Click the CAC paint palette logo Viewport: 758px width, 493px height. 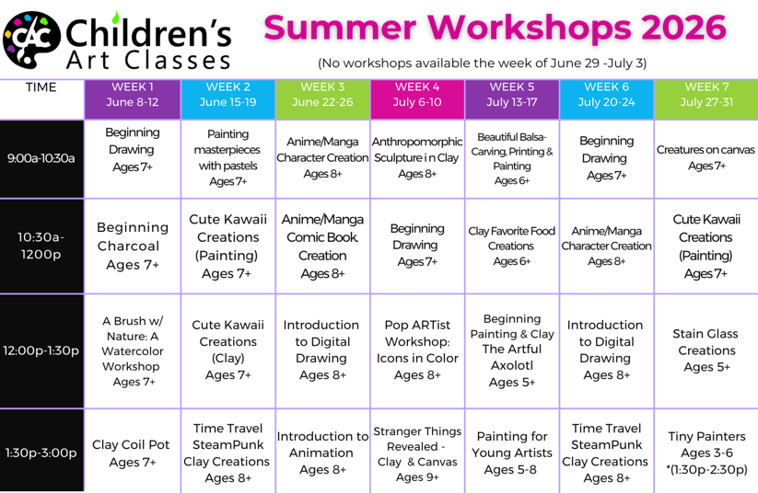click(31, 40)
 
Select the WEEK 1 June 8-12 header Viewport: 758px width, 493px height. click(133, 99)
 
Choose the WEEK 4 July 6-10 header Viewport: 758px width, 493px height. click(417, 99)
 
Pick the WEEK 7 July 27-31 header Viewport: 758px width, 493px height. click(706, 99)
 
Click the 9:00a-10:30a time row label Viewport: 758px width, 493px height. click(41, 158)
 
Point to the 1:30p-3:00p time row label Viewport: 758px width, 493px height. click(41, 453)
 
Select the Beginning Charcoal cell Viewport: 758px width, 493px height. click(133, 246)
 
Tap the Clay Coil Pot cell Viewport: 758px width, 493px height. click(133, 453)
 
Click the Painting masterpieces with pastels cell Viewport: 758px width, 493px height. click(227, 158)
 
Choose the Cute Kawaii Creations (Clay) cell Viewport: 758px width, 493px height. click(227, 350)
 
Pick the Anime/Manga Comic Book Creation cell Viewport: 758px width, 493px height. click(322, 246)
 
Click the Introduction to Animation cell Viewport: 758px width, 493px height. click(322, 453)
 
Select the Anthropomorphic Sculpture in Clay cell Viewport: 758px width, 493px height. click(417, 158)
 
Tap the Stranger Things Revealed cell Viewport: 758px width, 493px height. click(417, 453)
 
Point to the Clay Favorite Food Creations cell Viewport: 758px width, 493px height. click(511, 246)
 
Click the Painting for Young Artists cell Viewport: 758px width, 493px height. click(511, 453)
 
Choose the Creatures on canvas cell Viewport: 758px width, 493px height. click(706, 158)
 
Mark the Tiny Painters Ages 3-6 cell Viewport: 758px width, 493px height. click(706, 453)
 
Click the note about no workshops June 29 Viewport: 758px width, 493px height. click(482, 63)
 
